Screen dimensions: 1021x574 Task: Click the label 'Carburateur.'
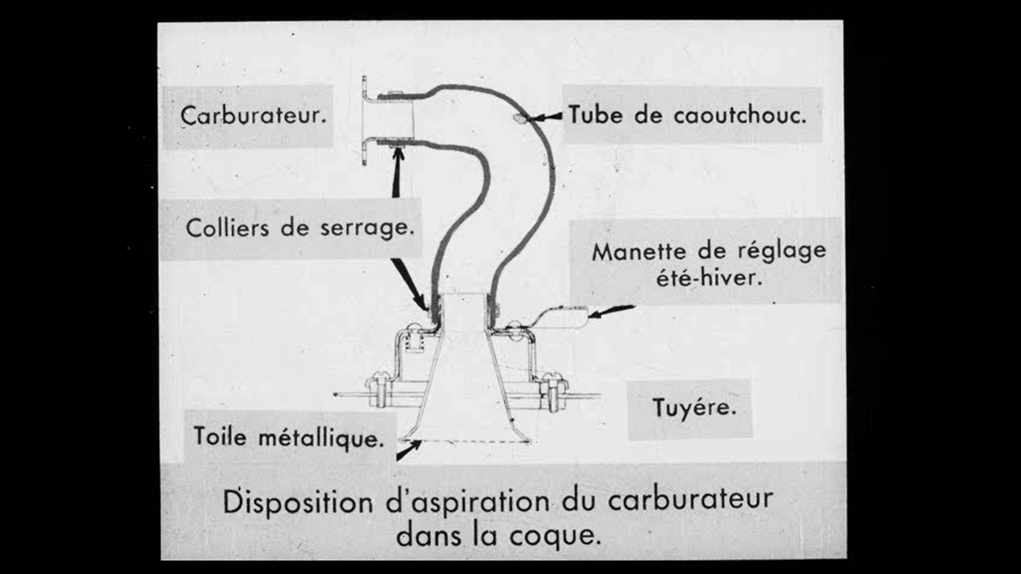click(253, 115)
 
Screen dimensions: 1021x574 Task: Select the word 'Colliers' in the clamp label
click(228, 228)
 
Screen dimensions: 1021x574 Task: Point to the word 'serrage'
click(367, 229)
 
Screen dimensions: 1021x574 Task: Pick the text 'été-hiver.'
click(709, 277)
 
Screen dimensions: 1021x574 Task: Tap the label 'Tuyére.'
click(694, 408)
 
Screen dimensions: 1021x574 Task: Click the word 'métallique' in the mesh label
click(321, 439)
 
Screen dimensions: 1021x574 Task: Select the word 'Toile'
click(220, 436)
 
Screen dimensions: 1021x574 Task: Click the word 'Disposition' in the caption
click(298, 502)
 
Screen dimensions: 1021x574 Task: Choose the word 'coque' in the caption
click(555, 536)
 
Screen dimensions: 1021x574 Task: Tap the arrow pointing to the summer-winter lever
click(612, 311)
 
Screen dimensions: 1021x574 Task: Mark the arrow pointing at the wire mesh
click(408, 451)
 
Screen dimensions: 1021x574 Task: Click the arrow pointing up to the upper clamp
click(396, 171)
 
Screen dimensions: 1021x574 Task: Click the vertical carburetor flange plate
click(365, 121)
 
